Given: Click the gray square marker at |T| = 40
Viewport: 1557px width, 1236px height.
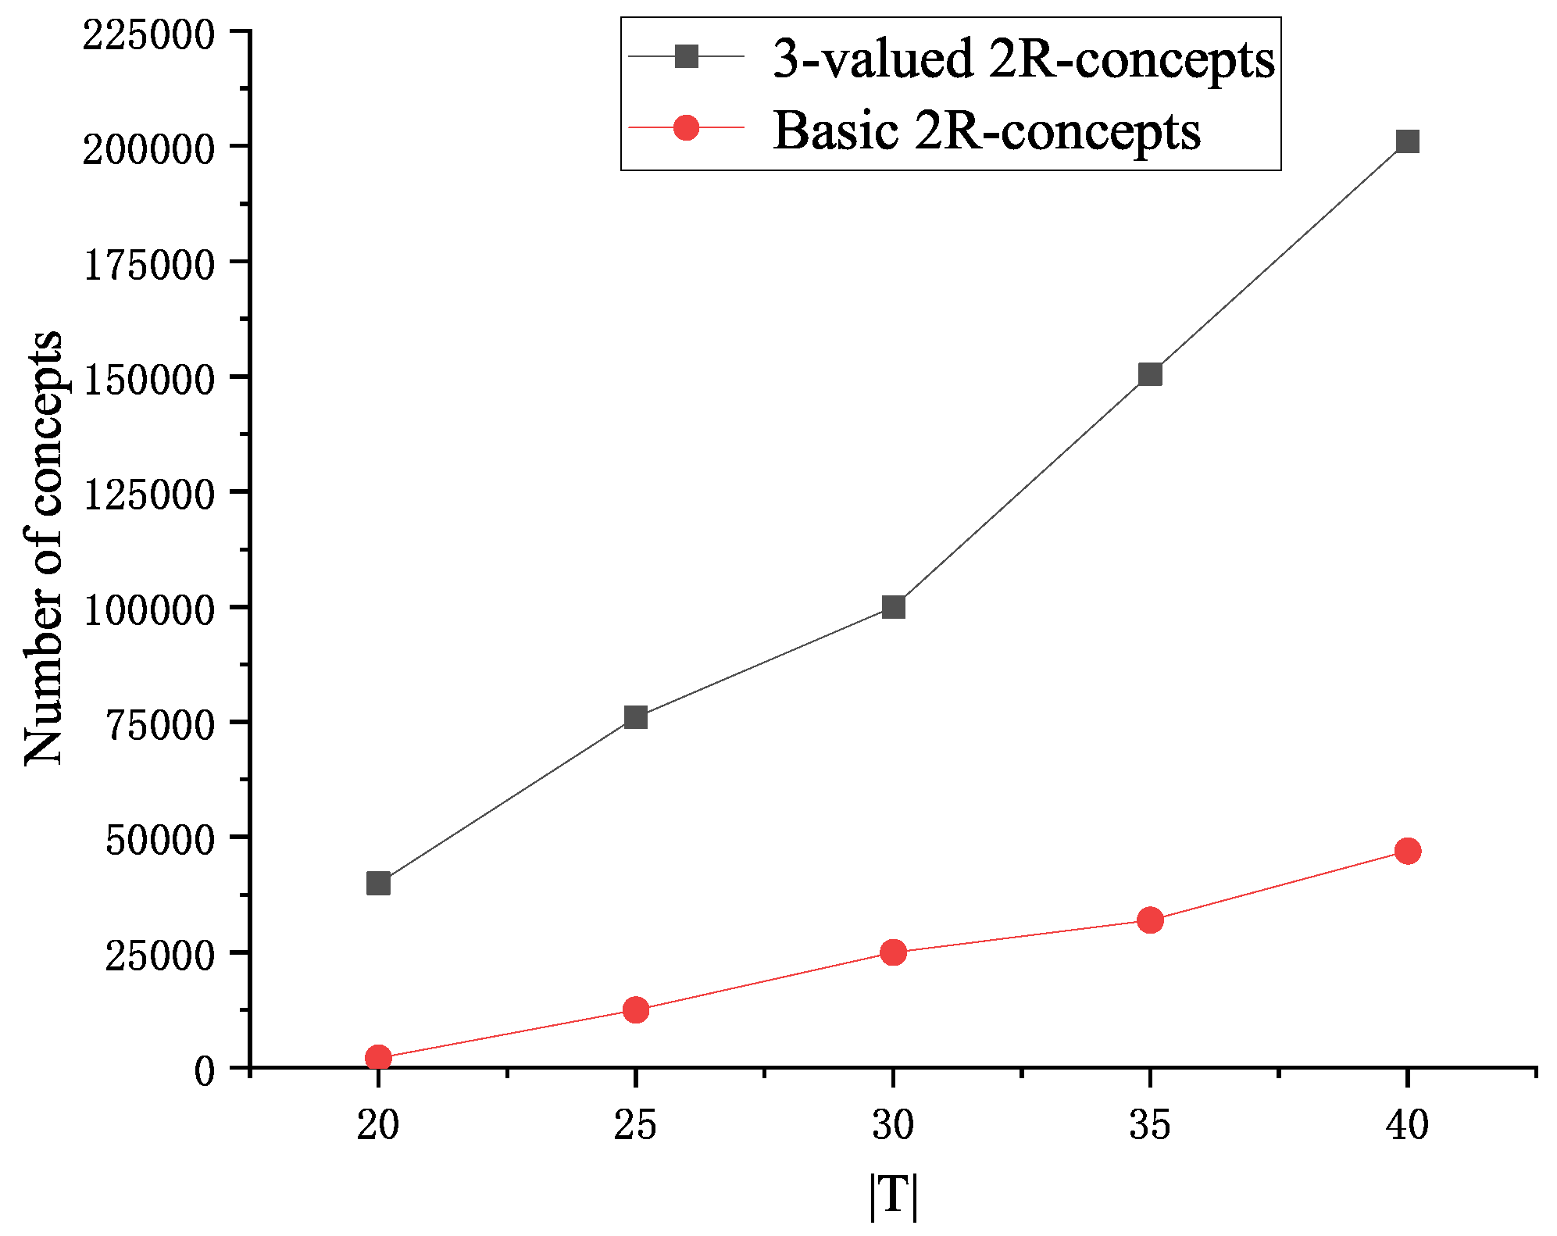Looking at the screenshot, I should coord(1407,141).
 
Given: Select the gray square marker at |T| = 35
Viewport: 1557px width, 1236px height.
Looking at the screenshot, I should coord(1150,374).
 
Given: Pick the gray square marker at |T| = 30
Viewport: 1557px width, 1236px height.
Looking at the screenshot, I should coord(893,606).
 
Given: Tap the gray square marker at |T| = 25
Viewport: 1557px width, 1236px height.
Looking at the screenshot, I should coord(636,716).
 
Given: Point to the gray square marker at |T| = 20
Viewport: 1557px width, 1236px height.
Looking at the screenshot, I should coord(378,883).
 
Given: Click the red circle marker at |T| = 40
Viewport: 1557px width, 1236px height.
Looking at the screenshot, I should coord(1407,851).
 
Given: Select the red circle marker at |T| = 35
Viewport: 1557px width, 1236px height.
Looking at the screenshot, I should coord(1150,920).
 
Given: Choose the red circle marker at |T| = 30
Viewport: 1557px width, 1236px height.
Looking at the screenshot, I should coord(893,952).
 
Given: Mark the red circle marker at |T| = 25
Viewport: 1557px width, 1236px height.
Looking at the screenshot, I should coord(636,1009).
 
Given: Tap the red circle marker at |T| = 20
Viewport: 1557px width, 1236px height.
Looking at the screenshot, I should coord(378,1057).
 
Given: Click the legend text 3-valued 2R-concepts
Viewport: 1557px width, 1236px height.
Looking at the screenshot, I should coord(1023,59).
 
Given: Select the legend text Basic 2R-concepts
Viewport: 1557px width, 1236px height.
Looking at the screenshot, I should coord(987,130).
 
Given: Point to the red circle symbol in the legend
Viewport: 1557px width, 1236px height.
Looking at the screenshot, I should coord(686,127).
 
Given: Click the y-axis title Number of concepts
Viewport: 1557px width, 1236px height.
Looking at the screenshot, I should coord(43,547).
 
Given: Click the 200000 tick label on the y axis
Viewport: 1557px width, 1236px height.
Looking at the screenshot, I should coord(148,148).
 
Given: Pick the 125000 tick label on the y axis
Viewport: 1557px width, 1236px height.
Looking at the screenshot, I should coord(148,495).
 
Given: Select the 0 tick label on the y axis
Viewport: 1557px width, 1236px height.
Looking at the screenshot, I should coord(204,1070).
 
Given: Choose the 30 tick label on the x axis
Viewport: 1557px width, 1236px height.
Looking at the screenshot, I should coord(893,1125).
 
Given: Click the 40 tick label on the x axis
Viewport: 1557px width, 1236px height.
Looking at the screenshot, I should coord(1407,1125).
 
